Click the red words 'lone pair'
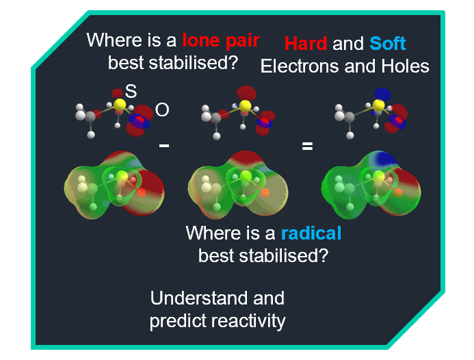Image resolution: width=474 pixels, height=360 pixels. tap(221, 40)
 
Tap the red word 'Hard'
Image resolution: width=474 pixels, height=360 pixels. tap(306, 44)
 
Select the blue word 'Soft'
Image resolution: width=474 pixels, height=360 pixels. tap(388, 44)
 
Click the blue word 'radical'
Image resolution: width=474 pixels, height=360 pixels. tap(311, 233)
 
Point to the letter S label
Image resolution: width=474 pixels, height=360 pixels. tap(131, 91)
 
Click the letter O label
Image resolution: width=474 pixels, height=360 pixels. tap(162, 110)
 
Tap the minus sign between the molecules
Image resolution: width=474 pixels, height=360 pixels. tap(164, 146)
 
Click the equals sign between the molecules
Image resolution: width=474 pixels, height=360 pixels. tap(307, 146)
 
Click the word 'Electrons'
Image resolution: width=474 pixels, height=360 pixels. tap(300, 66)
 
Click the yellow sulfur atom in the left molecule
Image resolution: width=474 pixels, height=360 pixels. tap(120, 104)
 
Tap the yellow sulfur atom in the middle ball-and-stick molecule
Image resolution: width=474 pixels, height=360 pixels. tap(245, 106)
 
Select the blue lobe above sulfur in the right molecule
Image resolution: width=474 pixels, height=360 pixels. tap(382, 94)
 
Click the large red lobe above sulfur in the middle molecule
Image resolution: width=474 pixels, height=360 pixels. tap(246, 94)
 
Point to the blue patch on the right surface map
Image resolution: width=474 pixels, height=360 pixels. tap(383, 159)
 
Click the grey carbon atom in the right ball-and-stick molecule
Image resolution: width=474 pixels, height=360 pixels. tap(350, 117)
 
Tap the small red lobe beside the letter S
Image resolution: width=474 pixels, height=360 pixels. tap(117, 93)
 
